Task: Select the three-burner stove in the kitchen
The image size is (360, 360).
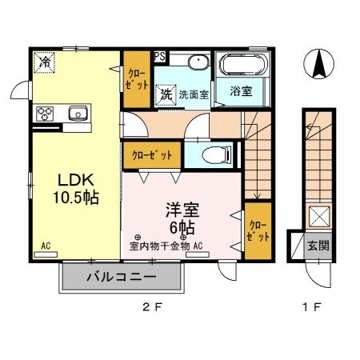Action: point(43,113)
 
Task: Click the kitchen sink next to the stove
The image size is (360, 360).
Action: point(78,113)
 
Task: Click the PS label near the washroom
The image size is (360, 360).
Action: point(160,57)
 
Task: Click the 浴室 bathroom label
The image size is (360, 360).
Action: point(241,90)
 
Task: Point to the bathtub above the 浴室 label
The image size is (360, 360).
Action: point(243,65)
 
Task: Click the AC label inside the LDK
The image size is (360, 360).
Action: point(46,246)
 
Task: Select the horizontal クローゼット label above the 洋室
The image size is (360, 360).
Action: point(150,154)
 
